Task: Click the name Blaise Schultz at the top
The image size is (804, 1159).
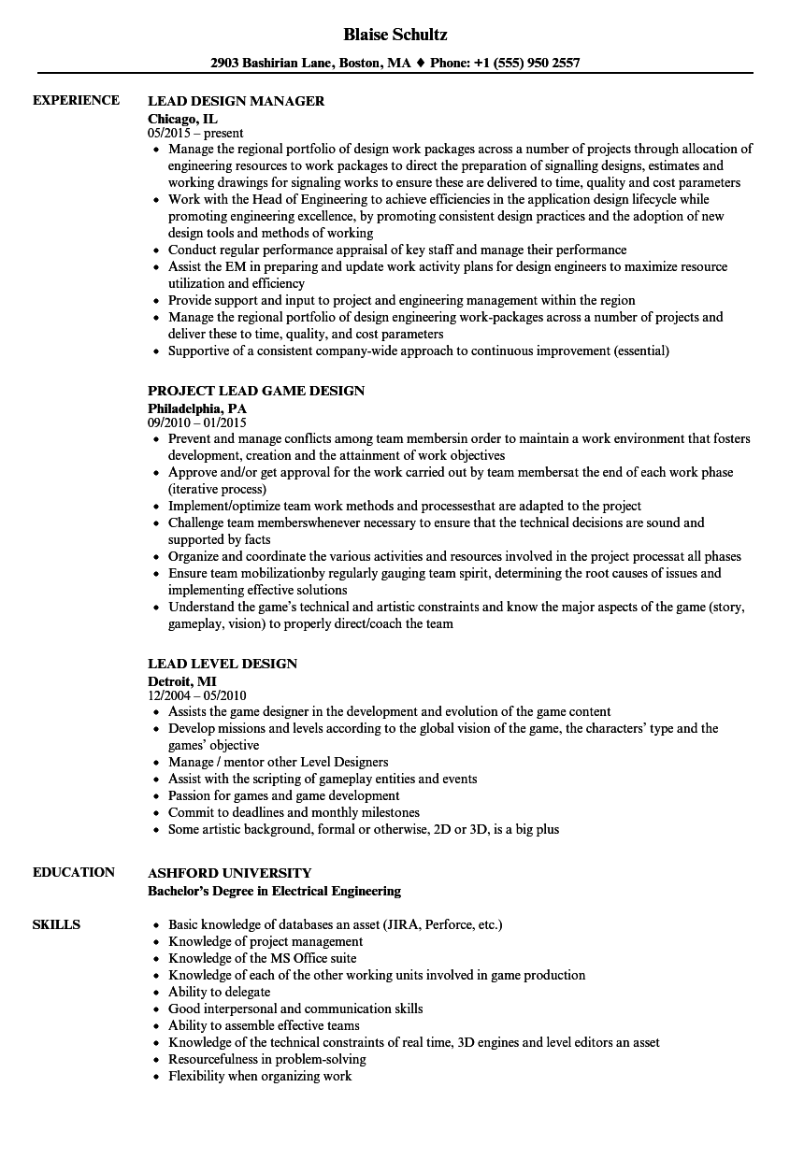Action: pyautogui.click(x=395, y=35)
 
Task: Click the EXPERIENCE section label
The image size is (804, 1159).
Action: pyautogui.click(x=76, y=101)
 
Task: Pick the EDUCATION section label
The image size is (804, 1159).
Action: pyautogui.click(x=74, y=872)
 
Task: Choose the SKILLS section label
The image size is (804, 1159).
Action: pyautogui.click(x=56, y=924)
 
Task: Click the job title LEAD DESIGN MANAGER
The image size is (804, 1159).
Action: pyautogui.click(x=237, y=101)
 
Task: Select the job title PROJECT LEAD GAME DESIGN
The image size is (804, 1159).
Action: pyautogui.click(x=256, y=391)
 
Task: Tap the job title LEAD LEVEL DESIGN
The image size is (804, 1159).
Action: pyautogui.click(x=223, y=664)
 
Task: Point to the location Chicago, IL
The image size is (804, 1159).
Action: pyautogui.click(x=182, y=119)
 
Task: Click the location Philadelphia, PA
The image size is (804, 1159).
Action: pyautogui.click(x=197, y=408)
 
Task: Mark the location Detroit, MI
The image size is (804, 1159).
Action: pyautogui.click(x=181, y=681)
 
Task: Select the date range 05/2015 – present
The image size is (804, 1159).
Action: pyautogui.click(x=195, y=134)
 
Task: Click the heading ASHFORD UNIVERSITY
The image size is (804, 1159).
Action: pyautogui.click(x=230, y=873)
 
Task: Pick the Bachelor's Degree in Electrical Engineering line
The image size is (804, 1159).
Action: pyautogui.click(x=274, y=891)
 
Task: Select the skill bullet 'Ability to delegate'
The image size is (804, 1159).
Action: pyautogui.click(x=219, y=992)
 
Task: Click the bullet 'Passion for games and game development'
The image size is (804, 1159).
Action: pyautogui.click(x=283, y=795)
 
